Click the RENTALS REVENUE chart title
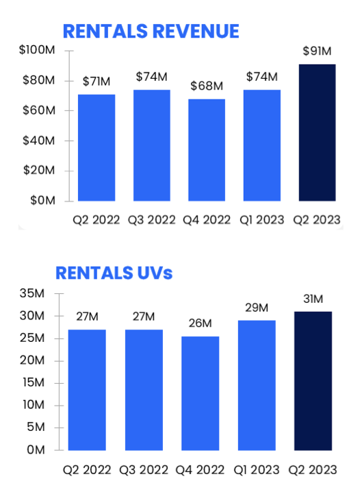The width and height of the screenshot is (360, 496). click(151, 31)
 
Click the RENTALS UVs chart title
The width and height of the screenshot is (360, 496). click(114, 273)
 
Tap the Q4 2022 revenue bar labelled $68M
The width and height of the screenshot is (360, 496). click(207, 150)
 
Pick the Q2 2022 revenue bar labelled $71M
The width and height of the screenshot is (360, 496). click(97, 147)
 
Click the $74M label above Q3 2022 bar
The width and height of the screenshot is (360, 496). click(151, 76)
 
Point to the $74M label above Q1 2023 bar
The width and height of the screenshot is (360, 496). click(262, 76)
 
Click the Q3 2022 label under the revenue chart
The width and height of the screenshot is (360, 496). click(151, 220)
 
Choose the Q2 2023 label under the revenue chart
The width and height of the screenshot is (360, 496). click(318, 220)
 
